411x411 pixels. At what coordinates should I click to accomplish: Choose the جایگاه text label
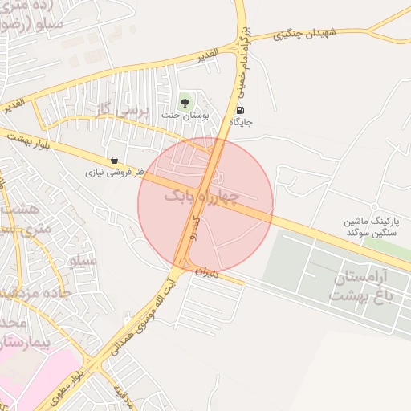(241, 123)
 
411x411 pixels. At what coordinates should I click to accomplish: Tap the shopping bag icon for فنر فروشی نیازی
(117, 160)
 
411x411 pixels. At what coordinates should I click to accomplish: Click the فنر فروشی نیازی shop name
(117, 172)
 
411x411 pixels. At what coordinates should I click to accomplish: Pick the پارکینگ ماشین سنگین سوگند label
(351, 226)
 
